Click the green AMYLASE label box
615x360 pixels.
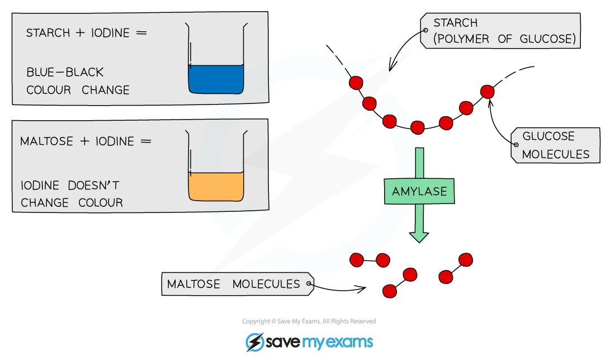point(419,192)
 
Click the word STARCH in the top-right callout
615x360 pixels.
point(455,23)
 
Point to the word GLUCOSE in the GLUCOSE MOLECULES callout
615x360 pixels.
point(548,137)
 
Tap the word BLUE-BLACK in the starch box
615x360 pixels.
point(65,73)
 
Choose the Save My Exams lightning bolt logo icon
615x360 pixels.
point(255,342)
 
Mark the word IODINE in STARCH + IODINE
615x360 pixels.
point(111,33)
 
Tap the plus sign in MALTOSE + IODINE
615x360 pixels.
point(85,141)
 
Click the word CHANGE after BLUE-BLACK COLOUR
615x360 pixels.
point(106,90)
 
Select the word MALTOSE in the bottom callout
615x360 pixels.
point(193,284)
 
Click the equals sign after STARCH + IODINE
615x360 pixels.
point(141,33)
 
